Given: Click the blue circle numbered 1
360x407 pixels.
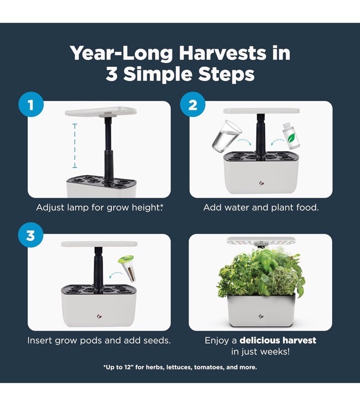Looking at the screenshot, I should [x=31, y=105].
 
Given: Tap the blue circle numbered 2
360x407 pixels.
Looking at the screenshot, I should [x=193, y=105].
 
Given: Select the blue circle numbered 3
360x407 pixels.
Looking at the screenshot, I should [x=31, y=235].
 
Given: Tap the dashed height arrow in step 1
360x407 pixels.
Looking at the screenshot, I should [x=75, y=145].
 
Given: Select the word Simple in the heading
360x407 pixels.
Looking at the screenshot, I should [x=161, y=75].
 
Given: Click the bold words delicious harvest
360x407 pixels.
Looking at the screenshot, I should [x=277, y=340].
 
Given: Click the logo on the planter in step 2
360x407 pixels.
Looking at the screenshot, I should [x=261, y=184].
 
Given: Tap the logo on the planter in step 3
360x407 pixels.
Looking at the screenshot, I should [x=99, y=313].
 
